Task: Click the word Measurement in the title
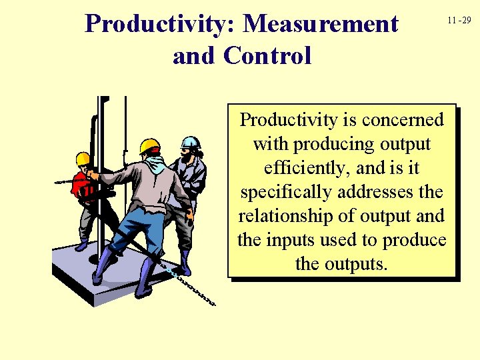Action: point(321,24)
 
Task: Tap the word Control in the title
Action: point(268,55)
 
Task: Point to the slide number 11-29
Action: point(459,21)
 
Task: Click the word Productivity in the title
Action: point(160,24)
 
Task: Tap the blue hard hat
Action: point(191,143)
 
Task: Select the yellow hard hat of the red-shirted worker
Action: point(83,159)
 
